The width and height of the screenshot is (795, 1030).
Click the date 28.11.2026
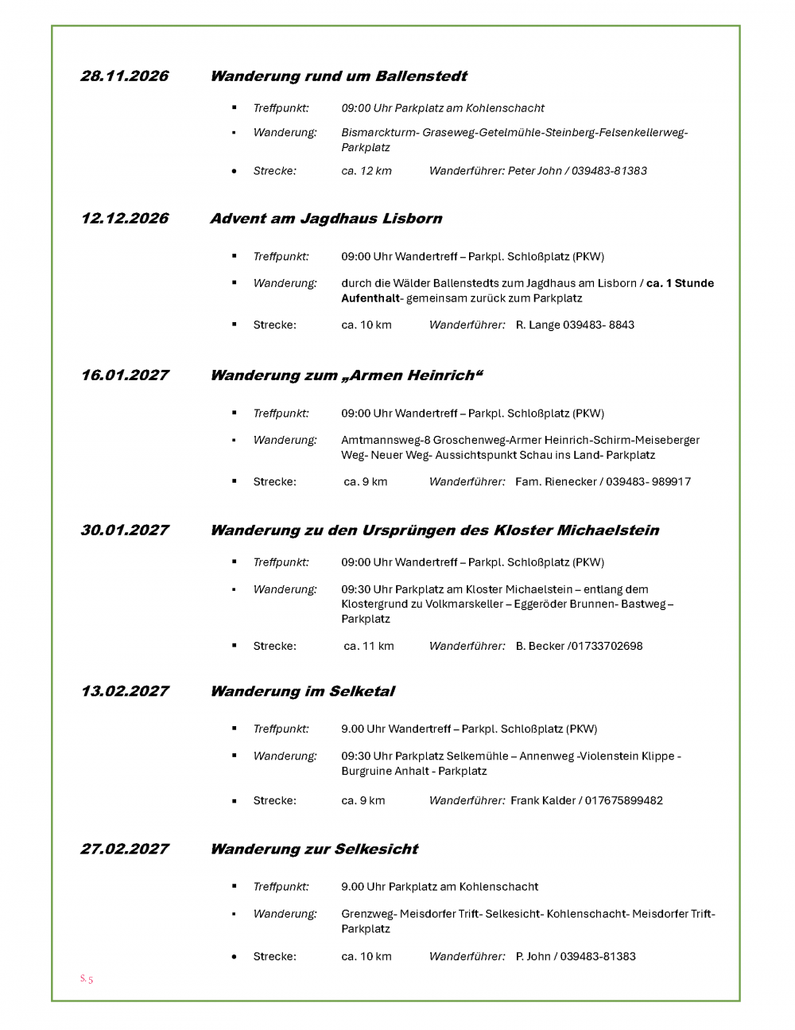tap(125, 76)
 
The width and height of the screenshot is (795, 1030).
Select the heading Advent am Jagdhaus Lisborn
tap(326, 219)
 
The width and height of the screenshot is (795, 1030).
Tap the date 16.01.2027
tap(125, 375)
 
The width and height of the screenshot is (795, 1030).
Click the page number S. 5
tap(87, 979)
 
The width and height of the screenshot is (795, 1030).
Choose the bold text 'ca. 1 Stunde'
tap(680, 283)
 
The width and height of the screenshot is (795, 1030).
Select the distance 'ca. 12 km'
tap(366, 171)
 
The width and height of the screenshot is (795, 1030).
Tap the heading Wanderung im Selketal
tap(302, 691)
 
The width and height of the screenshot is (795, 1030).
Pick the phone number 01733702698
tap(606, 646)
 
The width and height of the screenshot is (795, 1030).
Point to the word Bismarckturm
tap(378, 133)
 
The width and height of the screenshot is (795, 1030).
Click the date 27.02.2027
tap(125, 849)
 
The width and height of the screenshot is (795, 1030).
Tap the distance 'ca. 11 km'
tap(369, 646)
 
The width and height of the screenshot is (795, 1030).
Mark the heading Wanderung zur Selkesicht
tap(314, 849)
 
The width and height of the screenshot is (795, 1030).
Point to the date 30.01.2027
tap(125, 531)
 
